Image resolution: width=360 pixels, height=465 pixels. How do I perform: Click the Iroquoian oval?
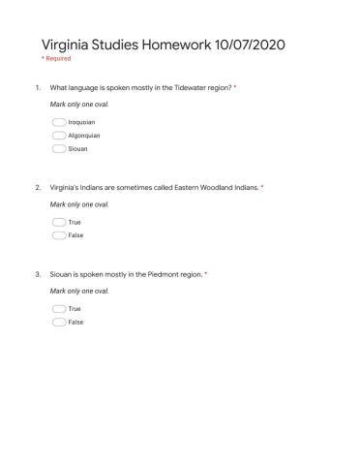pos(59,122)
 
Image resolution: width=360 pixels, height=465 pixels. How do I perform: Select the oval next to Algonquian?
pos(59,136)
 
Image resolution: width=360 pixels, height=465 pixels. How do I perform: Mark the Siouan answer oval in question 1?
pos(59,149)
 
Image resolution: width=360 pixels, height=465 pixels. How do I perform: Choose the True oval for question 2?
pos(59,223)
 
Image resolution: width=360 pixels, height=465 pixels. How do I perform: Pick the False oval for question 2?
pos(59,235)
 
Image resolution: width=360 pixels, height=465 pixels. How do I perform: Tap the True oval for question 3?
pos(59,309)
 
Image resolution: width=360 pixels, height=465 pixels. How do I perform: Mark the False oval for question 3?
pos(59,322)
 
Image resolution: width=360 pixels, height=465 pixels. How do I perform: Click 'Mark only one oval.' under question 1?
pos(79,103)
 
